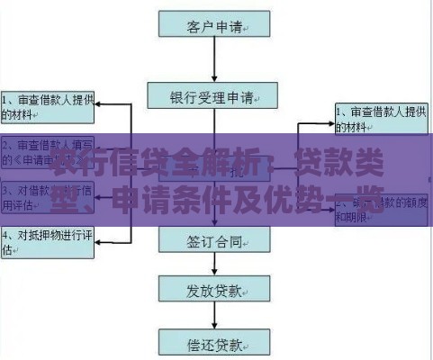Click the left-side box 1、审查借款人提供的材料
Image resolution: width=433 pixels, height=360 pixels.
pos(48,106)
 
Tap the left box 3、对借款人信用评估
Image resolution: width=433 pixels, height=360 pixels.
pos(48,198)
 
